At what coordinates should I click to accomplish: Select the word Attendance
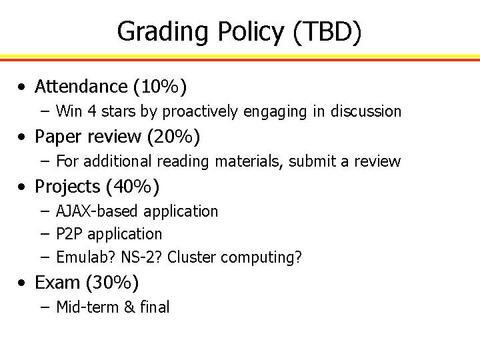83,87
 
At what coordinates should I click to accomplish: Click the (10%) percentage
160,87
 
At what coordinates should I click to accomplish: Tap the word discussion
365,111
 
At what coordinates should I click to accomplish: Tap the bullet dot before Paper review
23,137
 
